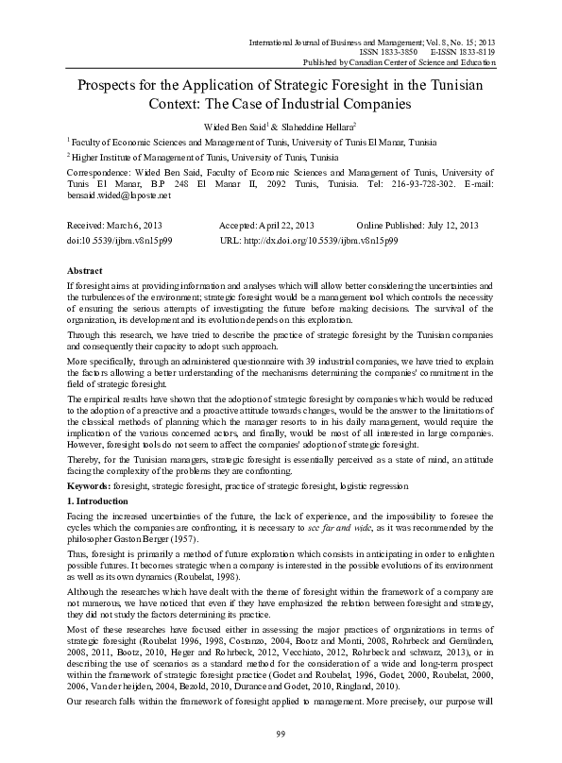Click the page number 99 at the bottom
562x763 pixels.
(281, 735)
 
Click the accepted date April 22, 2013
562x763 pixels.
(286, 227)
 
